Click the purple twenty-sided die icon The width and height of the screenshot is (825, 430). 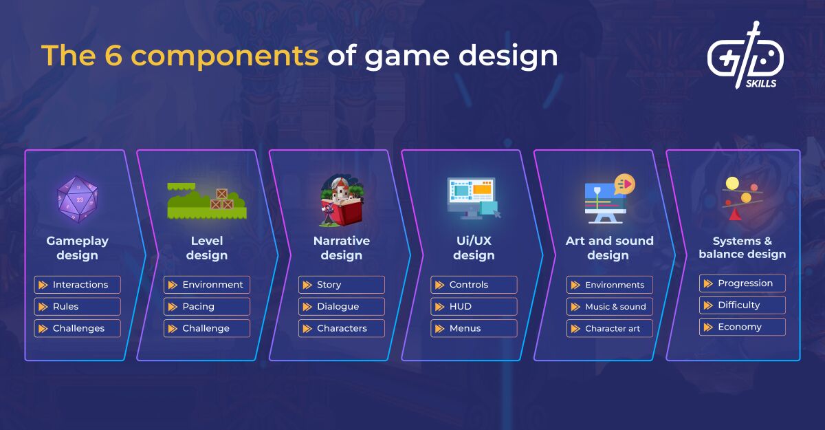pos(77,200)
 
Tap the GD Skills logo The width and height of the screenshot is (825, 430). pos(745,55)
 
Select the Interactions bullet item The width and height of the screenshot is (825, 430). pos(77,285)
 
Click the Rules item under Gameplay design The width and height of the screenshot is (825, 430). pos(77,307)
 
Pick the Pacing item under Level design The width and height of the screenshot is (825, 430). pos(207,307)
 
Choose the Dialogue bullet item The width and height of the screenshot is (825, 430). pos(342,307)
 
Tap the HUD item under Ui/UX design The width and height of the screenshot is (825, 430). pos(474,307)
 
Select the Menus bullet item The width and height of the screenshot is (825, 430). pos(474,328)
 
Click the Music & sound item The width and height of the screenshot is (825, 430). pos(610,307)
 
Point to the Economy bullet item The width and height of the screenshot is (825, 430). pos(742,327)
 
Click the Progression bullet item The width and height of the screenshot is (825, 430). pos(742,283)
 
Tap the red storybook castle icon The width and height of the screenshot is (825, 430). pos(342,200)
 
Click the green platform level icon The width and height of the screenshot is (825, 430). pos(207,201)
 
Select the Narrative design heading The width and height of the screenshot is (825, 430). pos(342,248)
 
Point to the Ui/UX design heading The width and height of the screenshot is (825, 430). pos(474,248)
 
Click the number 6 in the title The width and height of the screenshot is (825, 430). pos(113,55)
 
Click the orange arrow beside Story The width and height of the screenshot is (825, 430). pos(307,285)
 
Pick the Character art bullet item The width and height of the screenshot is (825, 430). pos(610,328)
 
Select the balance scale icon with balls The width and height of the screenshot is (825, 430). pos(741,199)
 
